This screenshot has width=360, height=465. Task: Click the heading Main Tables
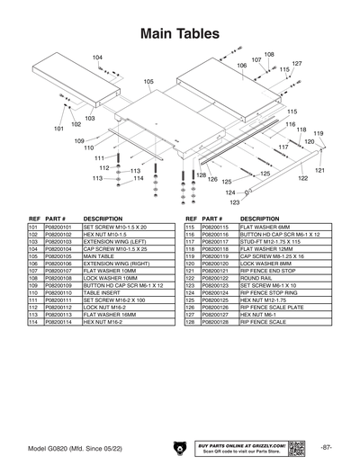coord(180,33)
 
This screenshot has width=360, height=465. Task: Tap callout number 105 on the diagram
coord(148,81)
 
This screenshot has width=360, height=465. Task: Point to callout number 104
coord(97,58)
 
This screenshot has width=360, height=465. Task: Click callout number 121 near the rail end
coord(319,169)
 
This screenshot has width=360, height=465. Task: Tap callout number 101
coord(58,129)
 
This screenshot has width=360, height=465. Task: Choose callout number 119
coord(318,133)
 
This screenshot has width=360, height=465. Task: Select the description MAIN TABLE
coord(99,255)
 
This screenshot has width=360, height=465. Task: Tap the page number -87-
coord(327,447)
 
